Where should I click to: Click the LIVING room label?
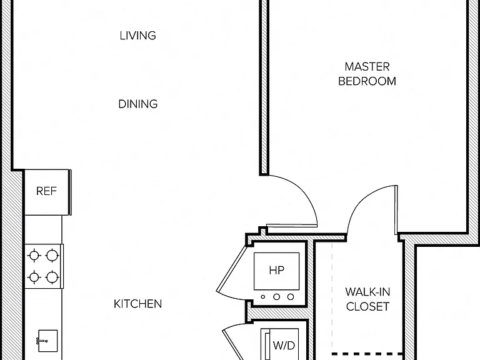pos(137,36)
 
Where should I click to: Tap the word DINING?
pos(137,104)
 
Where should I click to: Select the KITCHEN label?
pos(137,304)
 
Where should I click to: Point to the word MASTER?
pos(367,67)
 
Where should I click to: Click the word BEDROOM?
pos(367,81)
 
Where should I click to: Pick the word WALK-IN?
pos(367,292)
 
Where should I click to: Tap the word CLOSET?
pos(367,306)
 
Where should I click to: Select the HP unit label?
pos(277,270)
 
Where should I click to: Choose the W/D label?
pos(284,346)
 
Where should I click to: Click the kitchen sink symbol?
pos(47,341)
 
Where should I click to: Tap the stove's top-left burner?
pos(34,255)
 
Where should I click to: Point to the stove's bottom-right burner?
pos(52,277)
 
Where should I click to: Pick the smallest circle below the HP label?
pos(263,297)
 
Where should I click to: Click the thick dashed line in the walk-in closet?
pos(367,354)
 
